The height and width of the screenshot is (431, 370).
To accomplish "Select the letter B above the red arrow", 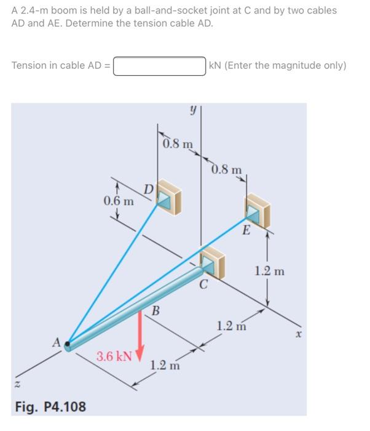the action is coord(155,309).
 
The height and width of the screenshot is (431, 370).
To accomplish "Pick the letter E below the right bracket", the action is coord(245,232).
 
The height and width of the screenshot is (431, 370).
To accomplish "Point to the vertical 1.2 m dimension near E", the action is coord(270,271).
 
